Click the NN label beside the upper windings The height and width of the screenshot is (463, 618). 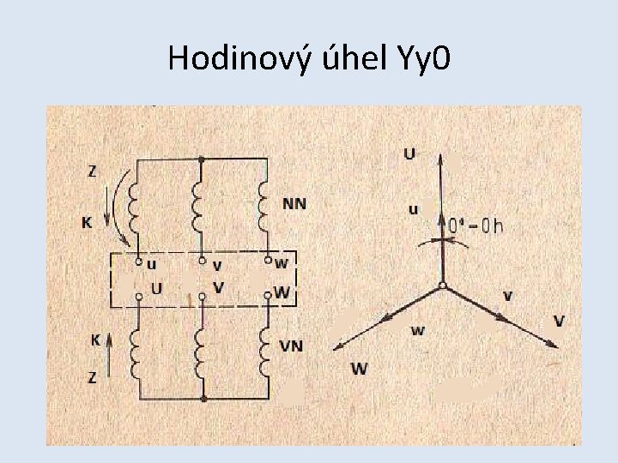[294, 204]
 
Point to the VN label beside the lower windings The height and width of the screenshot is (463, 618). [292, 346]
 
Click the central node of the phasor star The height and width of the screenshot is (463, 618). [441, 286]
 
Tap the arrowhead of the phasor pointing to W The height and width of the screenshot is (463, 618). [332, 348]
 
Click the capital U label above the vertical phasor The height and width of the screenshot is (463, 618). [409, 153]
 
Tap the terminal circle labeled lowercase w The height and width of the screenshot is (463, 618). [268, 258]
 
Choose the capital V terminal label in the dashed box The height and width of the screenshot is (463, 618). [219, 287]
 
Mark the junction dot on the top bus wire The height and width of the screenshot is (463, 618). [201, 159]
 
